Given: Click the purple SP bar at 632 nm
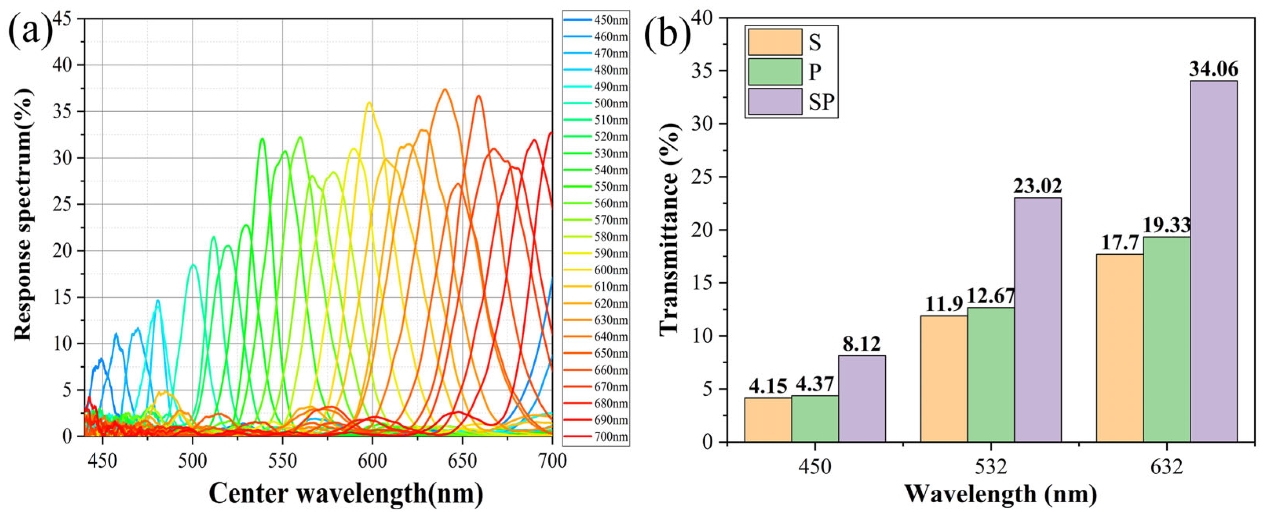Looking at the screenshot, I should pos(1213,261).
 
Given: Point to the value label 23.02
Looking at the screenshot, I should pos(1037,186).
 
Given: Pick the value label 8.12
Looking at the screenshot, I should pos(861,344).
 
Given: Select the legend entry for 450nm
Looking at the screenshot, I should pos(596,20).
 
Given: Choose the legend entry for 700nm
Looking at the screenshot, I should pos(596,436).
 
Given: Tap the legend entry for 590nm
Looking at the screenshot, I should pos(596,253).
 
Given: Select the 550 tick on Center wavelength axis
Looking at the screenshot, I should pos(282,461).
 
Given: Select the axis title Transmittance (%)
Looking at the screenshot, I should pos(670,230).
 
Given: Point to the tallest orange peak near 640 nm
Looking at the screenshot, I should pos(445,89).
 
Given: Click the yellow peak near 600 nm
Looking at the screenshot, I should pos(369,102).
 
